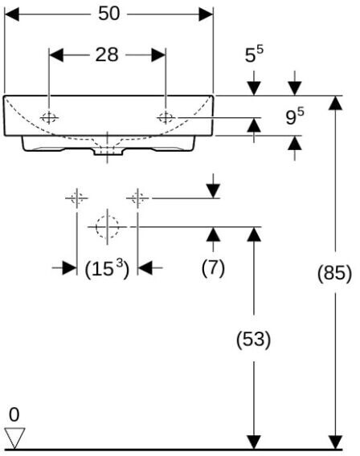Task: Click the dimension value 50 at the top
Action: [108, 14]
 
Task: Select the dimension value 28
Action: [107, 55]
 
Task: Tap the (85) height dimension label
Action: [334, 273]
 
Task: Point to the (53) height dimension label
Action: [253, 339]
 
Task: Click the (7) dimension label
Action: [213, 268]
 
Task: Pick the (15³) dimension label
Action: [107, 268]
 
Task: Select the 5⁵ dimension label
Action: [254, 55]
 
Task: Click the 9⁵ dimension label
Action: [295, 116]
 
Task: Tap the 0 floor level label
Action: [14, 415]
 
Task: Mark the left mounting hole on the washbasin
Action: [49, 118]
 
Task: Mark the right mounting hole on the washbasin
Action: [166, 118]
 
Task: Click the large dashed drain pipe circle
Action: [107, 226]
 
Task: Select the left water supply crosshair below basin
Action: [76, 198]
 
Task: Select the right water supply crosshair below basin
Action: [137, 198]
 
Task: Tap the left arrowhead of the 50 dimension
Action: [11, 14]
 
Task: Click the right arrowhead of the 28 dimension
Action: [158, 55]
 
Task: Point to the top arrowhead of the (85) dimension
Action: [335, 103]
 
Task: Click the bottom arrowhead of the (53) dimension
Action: [254, 442]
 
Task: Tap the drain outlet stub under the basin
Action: [108, 151]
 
